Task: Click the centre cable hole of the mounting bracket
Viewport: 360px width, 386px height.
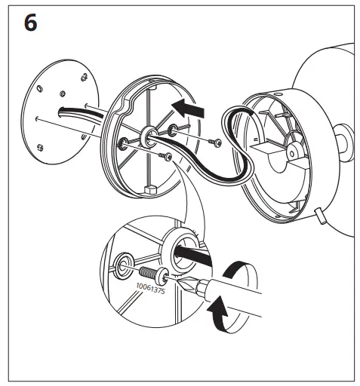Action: click(x=145, y=137)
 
